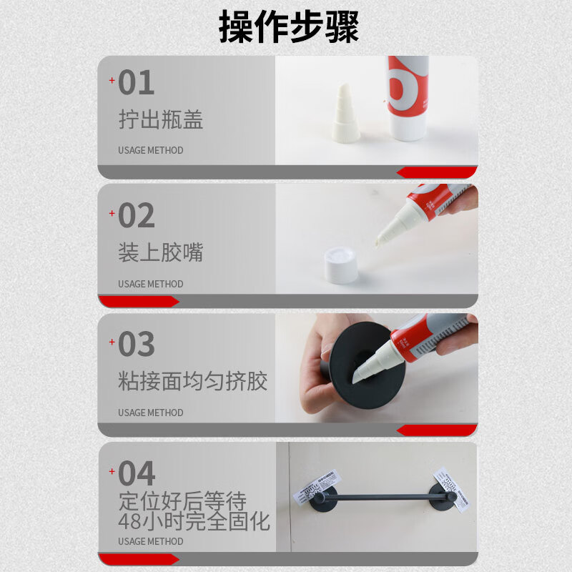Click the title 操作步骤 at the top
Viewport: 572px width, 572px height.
[288, 27]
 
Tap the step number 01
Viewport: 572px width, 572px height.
[136, 83]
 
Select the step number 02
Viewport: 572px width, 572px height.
[136, 216]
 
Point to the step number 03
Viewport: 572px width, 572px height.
[136, 345]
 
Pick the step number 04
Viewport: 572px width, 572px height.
[136, 473]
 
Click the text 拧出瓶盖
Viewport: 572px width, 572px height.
[161, 119]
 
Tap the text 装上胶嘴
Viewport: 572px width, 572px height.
[161, 252]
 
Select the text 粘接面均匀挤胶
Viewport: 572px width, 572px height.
[193, 381]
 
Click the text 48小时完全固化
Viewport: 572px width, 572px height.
[194, 521]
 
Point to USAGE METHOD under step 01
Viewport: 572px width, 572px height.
[150, 150]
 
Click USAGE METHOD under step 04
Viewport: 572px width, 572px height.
[150, 541]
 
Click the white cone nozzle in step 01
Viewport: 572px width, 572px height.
[346, 114]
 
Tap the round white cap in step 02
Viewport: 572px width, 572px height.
[341, 265]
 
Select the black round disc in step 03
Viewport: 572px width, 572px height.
[365, 365]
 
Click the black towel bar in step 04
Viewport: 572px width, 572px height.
[379, 495]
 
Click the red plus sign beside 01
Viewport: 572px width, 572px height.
[112, 80]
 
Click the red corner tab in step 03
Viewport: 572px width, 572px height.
[437, 430]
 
